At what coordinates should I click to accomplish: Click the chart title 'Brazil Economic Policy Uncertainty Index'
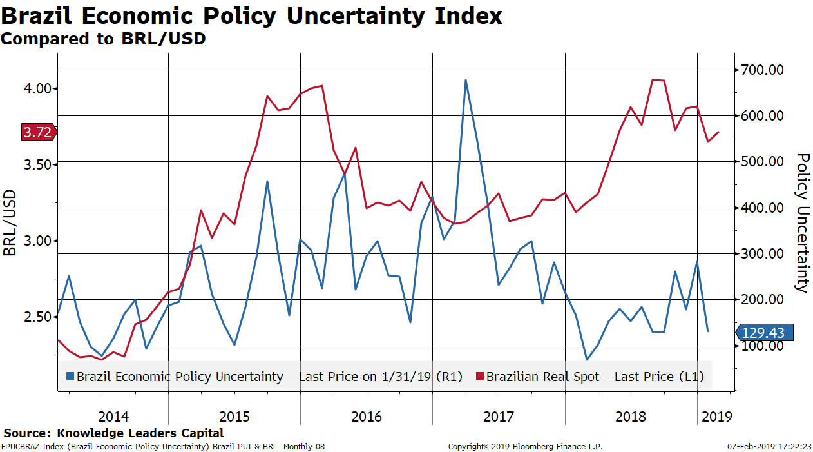tap(251, 15)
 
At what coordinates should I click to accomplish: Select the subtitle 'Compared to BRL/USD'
tap(103, 39)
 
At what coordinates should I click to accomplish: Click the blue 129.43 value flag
tap(763, 333)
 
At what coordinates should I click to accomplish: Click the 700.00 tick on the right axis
tap(761, 70)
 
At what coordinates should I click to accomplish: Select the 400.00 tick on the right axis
tap(761, 208)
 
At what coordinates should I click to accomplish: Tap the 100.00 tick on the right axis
tap(761, 346)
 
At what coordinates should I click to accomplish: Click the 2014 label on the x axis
tap(113, 417)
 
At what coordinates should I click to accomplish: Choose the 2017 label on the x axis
tap(499, 417)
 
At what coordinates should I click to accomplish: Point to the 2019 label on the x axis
tap(716, 417)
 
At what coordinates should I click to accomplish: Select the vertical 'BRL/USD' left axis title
tap(10, 222)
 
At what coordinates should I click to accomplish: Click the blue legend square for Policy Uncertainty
tap(70, 376)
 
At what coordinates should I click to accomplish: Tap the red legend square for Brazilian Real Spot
tap(480, 376)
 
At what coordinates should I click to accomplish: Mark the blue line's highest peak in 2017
tap(465, 80)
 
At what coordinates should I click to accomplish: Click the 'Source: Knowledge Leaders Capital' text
tap(113, 433)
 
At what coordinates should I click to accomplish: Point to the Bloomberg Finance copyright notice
tap(525, 446)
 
